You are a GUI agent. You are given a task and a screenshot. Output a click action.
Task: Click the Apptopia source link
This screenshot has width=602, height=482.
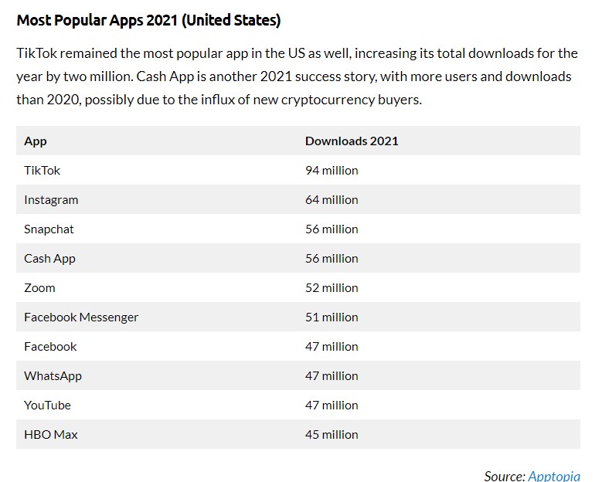(554, 476)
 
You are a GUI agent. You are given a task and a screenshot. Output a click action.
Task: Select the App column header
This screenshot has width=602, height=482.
(36, 141)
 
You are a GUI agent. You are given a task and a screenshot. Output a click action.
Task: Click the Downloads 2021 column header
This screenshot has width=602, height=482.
(352, 141)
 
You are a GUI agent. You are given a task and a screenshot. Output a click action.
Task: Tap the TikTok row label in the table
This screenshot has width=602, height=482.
(42, 170)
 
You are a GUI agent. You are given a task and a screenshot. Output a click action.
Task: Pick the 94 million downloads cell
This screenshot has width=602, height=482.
(332, 170)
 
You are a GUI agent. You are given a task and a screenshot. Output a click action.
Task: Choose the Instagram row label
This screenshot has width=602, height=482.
(51, 199)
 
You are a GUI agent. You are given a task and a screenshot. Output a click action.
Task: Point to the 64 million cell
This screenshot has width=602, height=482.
(332, 199)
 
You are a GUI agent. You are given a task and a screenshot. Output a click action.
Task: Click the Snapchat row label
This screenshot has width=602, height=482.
(49, 229)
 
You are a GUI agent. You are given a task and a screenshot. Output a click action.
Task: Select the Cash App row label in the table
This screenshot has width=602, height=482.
(49, 258)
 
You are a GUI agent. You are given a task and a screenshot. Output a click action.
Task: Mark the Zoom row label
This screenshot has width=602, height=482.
(39, 287)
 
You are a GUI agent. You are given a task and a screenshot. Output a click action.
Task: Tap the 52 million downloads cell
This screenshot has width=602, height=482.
(332, 287)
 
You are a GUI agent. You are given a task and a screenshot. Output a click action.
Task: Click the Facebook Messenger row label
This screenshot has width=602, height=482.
(81, 317)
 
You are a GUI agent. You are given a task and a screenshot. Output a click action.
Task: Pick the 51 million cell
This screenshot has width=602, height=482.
(332, 317)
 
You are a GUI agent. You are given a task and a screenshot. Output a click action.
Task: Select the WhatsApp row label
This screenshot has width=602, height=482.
(53, 375)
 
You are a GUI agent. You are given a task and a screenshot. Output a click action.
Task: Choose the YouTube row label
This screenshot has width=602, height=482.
(47, 405)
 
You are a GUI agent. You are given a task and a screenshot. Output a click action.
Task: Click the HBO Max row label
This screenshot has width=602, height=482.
(51, 434)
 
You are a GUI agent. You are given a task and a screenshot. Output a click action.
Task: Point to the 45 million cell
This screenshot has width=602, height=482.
(332, 434)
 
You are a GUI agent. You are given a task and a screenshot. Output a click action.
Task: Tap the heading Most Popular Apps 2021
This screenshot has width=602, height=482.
(148, 21)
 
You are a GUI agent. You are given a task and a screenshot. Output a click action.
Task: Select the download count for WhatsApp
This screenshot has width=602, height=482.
(332, 375)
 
